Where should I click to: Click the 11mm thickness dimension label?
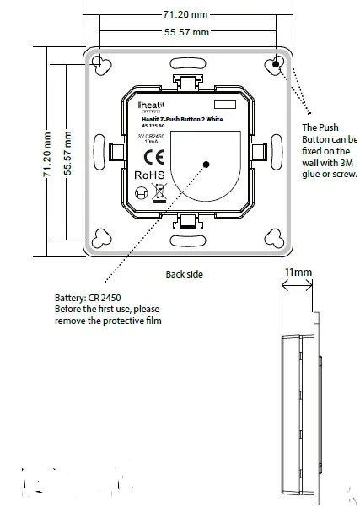pyautogui.click(x=298, y=272)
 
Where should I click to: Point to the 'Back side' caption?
pyautogui.click(x=184, y=274)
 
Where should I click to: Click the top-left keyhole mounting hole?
pyautogui.click(x=99, y=65)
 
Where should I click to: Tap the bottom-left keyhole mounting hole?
pyautogui.click(x=99, y=240)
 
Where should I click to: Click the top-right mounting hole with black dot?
pyautogui.click(x=277, y=64)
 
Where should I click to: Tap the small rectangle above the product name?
pyautogui.click(x=224, y=104)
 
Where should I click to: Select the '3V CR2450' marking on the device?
pyautogui.click(x=151, y=136)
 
